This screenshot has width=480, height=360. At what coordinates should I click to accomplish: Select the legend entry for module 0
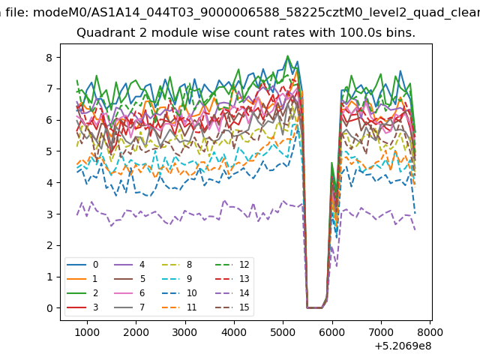coord(82,265)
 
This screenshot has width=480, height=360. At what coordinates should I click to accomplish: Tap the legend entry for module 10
coord(178,293)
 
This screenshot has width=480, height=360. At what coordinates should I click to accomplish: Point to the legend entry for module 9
coord(177,279)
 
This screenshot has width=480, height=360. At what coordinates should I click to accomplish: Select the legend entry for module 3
coord(82,307)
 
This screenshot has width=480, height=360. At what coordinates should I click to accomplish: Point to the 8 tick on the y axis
coord(49,58)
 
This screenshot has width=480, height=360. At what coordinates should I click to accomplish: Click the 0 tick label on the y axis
coord(49,308)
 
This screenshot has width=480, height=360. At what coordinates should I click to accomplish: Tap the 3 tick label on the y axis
coord(49,214)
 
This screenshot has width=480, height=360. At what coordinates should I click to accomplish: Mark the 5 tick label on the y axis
coord(49,151)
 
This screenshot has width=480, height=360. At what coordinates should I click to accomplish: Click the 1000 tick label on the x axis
coord(87,332)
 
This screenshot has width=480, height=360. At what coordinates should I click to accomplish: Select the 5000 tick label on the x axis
coord(283,332)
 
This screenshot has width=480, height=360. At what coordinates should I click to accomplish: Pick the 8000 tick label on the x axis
coord(430,332)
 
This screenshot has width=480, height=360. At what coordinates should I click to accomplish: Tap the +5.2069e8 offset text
coord(403,346)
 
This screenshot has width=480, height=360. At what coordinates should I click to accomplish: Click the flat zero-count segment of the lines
coord(314,307)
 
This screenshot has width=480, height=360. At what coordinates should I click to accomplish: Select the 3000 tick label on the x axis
coord(185,332)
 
